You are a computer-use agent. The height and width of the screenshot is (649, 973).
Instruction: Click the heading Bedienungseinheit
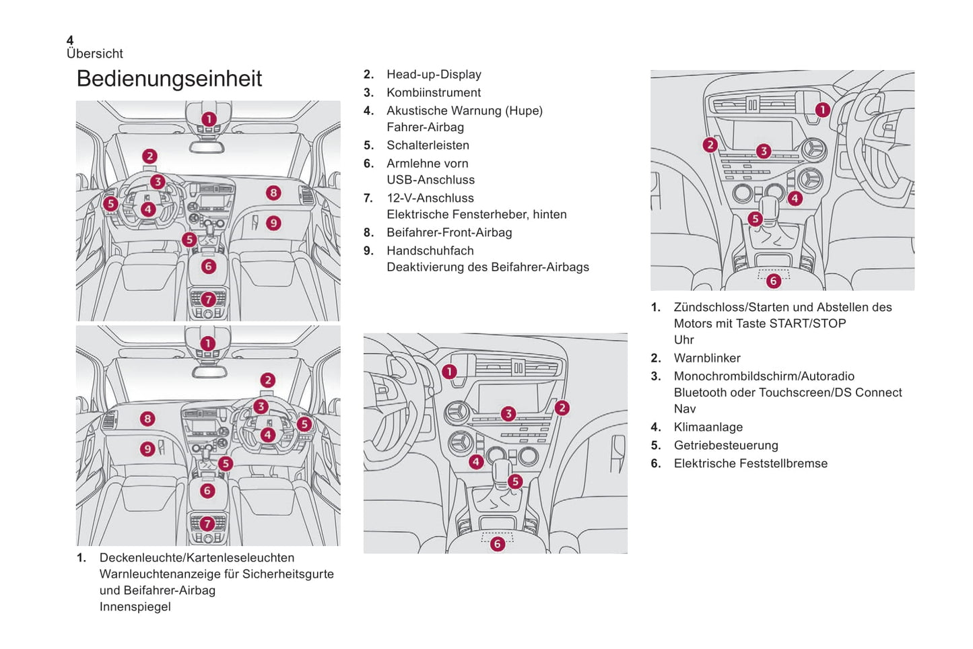pos(169,79)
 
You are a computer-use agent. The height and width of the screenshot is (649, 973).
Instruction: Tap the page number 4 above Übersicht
pos(70,41)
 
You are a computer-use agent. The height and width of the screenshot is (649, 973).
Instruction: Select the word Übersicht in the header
pos(95,54)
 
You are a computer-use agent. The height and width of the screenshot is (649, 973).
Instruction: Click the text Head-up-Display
pos(434,75)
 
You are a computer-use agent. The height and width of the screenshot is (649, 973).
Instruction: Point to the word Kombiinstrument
pos(434,93)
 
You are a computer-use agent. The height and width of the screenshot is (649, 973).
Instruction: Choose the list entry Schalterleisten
pos(428,145)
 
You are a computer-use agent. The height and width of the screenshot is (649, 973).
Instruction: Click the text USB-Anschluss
pos(430,180)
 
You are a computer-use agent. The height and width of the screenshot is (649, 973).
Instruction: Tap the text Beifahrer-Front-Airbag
pos(449,233)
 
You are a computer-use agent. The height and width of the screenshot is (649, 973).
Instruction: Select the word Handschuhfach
pos(430,251)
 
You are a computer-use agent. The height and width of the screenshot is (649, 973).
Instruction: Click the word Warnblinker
pos(707,359)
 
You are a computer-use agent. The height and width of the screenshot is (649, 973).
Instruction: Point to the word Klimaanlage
pos(708,428)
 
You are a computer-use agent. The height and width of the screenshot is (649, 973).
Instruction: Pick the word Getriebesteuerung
pos(726,446)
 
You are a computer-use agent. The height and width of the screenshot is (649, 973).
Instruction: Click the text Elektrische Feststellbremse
pos(751,464)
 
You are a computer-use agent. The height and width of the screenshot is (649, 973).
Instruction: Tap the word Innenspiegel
pos(135,607)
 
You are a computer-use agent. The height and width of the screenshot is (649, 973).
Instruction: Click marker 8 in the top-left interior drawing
pos(273,193)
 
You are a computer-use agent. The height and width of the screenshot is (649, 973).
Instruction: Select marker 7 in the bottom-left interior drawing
pos(207,523)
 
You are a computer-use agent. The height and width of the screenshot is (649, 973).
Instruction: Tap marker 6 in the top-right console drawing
pos(773,281)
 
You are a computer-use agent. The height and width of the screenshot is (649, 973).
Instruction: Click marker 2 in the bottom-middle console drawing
pos(562,408)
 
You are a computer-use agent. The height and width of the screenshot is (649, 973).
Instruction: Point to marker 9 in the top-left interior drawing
pos(273,223)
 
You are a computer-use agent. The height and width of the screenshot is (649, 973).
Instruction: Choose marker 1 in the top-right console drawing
pos(822,110)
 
